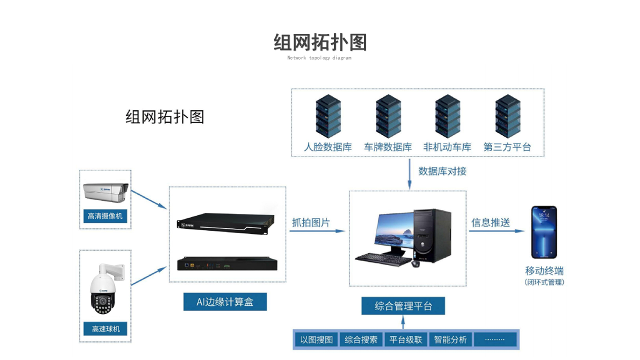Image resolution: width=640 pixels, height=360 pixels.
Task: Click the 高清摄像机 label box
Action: (105, 216)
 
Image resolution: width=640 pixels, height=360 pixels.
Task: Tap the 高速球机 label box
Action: (105, 329)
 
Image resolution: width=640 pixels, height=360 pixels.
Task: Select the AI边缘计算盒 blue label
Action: (225, 302)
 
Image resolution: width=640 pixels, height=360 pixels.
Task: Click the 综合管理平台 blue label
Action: (403, 306)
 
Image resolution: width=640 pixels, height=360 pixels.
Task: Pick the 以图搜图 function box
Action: (316, 339)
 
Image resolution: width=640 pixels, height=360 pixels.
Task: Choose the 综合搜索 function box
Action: (361, 339)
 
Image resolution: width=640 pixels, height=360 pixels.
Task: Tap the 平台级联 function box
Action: (405, 339)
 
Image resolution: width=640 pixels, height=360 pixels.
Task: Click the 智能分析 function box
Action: (450, 339)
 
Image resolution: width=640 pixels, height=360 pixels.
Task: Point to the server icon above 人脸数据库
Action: (328, 115)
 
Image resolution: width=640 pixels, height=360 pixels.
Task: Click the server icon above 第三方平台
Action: (507, 115)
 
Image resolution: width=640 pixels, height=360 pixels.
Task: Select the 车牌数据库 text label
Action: (388, 147)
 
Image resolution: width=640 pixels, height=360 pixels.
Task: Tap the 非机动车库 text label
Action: (447, 147)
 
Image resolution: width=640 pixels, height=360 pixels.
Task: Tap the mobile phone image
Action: (544, 232)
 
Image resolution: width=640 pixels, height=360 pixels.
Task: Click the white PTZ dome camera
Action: (103, 290)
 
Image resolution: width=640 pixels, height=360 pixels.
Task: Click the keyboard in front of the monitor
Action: (380, 258)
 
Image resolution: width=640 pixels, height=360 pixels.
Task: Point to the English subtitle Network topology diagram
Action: (319, 58)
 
